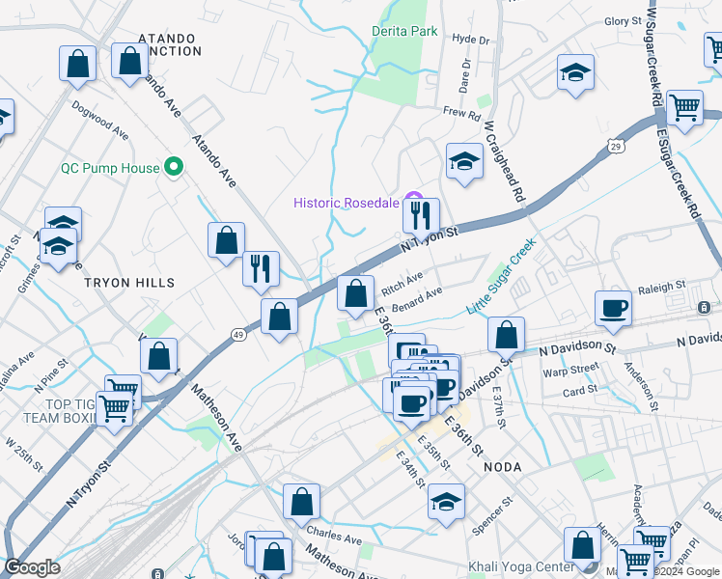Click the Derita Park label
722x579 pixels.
pyautogui.click(x=404, y=31)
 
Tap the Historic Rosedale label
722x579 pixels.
pyautogui.click(x=346, y=202)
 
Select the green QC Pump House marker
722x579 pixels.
pyautogui.click(x=175, y=168)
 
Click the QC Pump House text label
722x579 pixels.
pyautogui.click(x=109, y=168)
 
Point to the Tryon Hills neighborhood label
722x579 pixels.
pyautogui.click(x=129, y=283)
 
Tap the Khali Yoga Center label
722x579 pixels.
pyautogui.click(x=520, y=566)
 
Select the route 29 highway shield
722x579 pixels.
pyautogui.click(x=614, y=146)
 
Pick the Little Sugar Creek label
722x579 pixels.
pyautogui.click(x=501, y=278)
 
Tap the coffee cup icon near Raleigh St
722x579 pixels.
pyautogui.click(x=613, y=308)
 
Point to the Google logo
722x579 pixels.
pyautogui.click(x=32, y=567)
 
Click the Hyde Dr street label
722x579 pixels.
pyautogui.click(x=471, y=40)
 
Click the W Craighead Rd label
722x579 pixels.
pyautogui.click(x=505, y=161)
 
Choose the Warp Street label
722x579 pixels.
pyautogui.click(x=570, y=370)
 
